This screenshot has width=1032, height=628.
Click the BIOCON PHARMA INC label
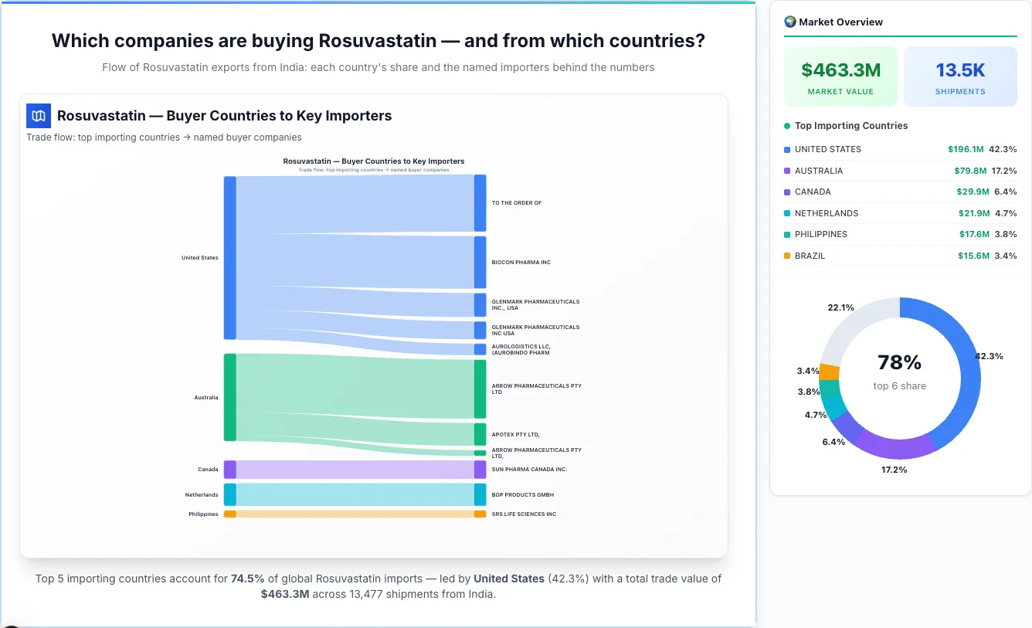521,263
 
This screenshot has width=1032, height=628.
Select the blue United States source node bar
229,257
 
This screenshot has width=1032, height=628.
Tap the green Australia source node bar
229,397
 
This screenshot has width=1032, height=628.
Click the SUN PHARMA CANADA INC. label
529,469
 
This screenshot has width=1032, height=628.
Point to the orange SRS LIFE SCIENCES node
480,514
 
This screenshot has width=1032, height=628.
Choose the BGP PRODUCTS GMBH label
522,494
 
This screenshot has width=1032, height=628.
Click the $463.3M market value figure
840,70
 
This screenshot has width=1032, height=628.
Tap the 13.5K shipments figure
960,70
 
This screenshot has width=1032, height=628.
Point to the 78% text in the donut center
899,362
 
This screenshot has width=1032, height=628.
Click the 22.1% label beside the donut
840,307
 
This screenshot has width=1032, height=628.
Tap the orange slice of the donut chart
830,372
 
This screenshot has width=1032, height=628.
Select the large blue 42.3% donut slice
962,363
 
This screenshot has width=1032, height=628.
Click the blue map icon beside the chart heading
39,116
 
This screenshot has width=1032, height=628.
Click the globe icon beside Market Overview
789,22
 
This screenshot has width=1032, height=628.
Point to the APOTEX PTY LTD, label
515,435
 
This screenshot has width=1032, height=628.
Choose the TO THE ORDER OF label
516,203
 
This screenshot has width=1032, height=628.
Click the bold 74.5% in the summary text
247,579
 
